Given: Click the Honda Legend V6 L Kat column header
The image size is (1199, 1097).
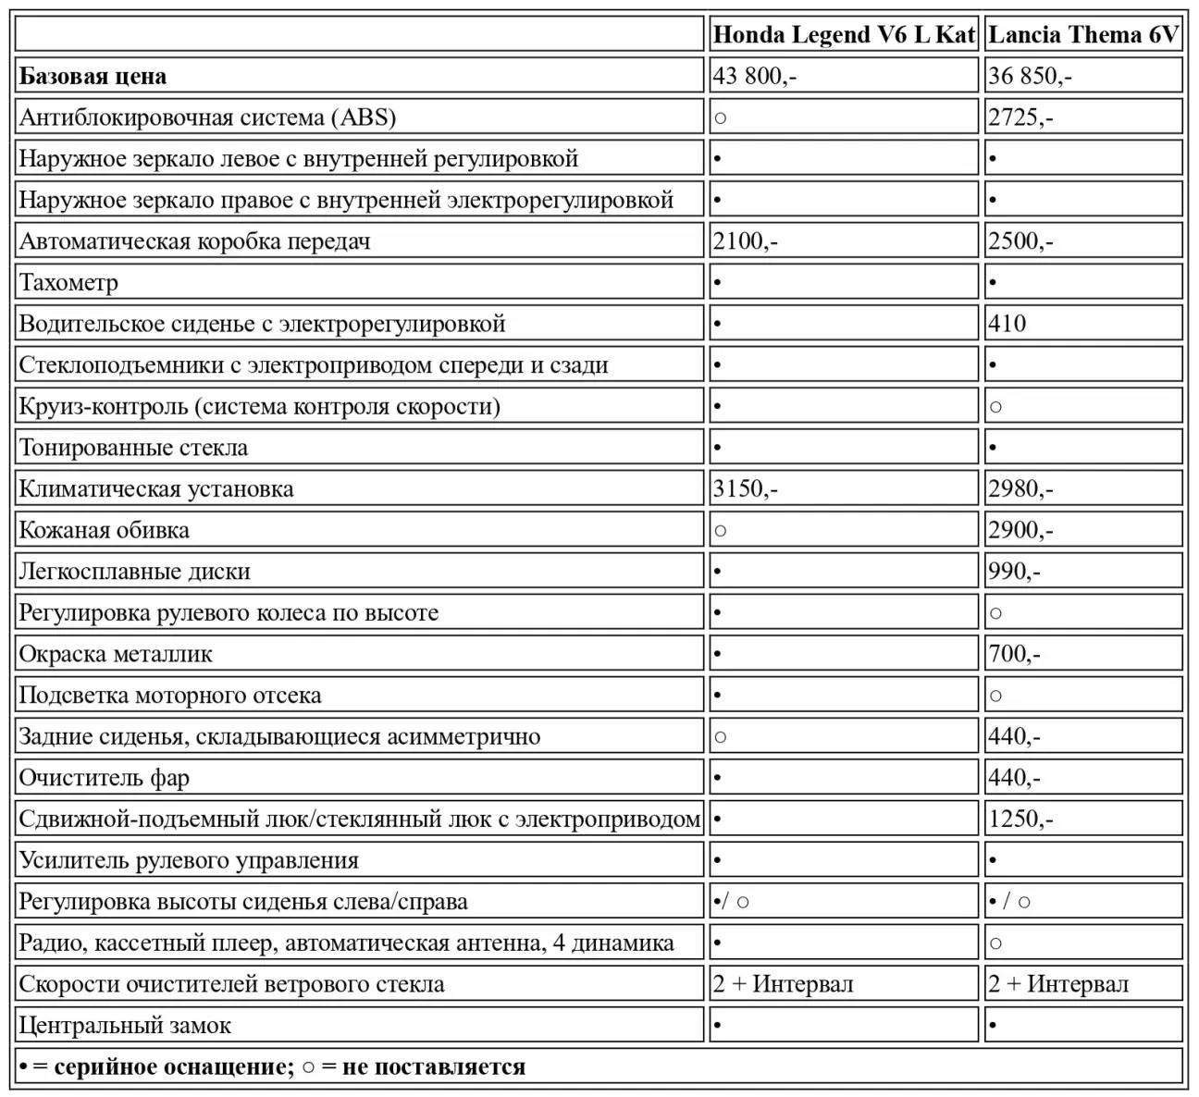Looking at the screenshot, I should (844, 35).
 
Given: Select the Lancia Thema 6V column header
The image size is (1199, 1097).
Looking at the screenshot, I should (1083, 35).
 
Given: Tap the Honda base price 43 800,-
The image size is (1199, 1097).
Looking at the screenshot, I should (754, 76).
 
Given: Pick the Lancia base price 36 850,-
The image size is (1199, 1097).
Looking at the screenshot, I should (1030, 76).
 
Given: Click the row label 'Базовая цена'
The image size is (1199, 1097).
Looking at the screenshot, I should (93, 76).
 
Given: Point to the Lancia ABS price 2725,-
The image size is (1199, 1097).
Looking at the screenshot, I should (1020, 117).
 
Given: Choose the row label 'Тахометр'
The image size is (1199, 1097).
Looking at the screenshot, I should (69, 282).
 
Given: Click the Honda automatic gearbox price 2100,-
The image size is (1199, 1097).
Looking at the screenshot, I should (745, 241).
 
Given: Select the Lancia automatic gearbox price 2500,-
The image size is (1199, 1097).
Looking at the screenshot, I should (1020, 241).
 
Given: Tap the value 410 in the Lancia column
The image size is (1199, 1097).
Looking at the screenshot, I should (1007, 324).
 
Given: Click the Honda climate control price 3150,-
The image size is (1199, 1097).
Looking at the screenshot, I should (745, 488).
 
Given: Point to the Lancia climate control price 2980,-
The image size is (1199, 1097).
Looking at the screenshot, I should (1020, 488).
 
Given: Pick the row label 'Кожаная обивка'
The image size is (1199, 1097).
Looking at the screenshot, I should (105, 530).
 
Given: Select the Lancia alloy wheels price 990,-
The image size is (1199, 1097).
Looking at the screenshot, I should (1014, 572).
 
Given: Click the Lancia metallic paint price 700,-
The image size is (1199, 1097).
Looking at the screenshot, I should (1014, 654).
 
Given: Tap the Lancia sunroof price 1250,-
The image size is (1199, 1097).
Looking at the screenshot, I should (1020, 819).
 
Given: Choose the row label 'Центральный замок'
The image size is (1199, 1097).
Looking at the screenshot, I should (125, 1025).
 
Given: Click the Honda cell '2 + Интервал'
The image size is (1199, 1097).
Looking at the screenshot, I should (783, 984).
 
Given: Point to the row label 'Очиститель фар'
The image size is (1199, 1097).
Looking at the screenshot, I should (105, 778).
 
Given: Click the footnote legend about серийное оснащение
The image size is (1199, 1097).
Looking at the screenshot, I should (272, 1066).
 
